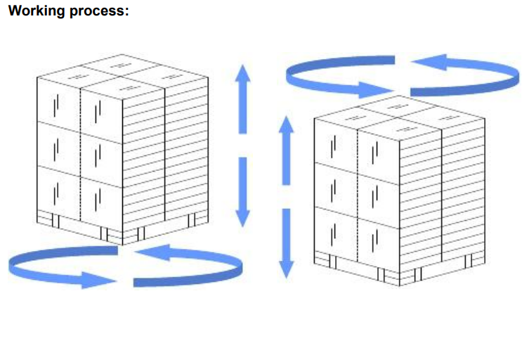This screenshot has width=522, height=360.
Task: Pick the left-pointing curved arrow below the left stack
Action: pyautogui.click(x=190, y=260)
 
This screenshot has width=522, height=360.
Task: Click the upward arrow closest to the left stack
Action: pyautogui.click(x=242, y=98)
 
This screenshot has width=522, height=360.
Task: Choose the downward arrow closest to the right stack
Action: pyautogui.click(x=286, y=243)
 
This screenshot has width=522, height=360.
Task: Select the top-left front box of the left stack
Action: pyautogui.click(x=59, y=102)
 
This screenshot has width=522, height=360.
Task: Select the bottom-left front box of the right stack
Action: pyautogui.click(x=335, y=229)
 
